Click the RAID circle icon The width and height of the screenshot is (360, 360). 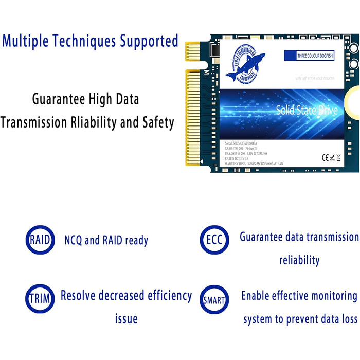click(40, 240)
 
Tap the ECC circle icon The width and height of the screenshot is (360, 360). click(214, 240)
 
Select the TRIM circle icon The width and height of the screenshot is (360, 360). click(40, 298)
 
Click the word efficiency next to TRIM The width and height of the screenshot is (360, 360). click(164, 296)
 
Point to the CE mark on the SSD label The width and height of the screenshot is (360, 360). click(326, 157)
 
